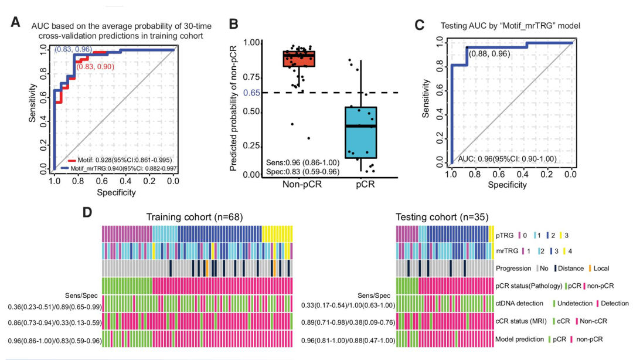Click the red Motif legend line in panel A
click(72, 159)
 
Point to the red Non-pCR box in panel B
click(299, 59)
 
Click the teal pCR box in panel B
click(360, 133)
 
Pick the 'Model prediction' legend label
click(520, 339)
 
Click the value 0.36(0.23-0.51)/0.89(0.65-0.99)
click(52, 306)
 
